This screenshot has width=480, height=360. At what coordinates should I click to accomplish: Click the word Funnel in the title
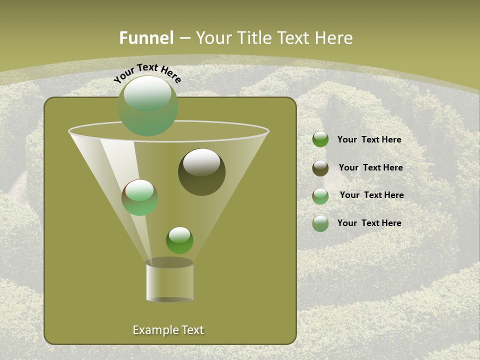[146, 38]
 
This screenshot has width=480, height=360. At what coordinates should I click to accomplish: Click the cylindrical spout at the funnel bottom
[170, 281]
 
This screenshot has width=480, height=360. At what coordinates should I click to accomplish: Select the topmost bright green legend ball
[320, 139]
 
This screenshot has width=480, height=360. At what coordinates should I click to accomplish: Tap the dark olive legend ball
[320, 168]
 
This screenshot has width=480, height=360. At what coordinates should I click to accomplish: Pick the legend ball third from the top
[320, 195]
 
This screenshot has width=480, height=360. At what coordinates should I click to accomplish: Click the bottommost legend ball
[320, 223]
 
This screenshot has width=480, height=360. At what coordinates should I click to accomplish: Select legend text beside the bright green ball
[369, 140]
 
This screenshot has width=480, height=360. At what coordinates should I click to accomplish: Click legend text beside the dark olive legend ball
[370, 168]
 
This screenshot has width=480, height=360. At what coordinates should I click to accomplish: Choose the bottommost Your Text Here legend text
[369, 223]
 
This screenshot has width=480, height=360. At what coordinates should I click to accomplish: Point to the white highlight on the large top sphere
[147, 94]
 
